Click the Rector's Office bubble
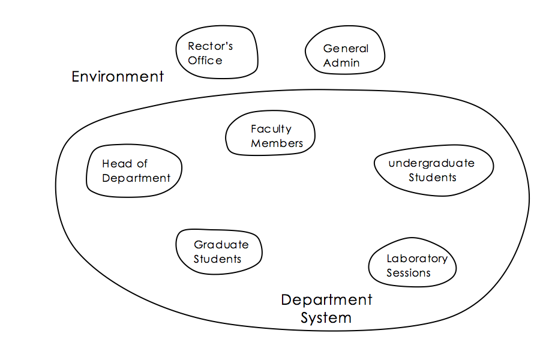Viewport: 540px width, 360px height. point(217,53)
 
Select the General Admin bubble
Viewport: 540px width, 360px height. point(345,55)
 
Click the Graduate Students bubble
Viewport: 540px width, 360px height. point(218,251)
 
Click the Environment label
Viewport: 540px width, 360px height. point(118,77)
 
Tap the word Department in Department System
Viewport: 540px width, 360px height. point(326,299)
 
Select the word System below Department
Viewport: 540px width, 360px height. point(326,317)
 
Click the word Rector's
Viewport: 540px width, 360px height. point(210,46)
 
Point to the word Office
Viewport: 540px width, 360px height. point(205,61)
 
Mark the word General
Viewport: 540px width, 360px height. point(346,49)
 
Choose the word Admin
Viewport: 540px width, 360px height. point(341,63)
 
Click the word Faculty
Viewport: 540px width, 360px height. point(271,129)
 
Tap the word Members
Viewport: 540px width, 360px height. point(277,143)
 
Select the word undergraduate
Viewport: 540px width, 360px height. point(431,163)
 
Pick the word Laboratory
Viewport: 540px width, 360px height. point(416,259)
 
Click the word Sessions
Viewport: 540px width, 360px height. point(408,273)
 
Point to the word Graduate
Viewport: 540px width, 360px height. point(221,245)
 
